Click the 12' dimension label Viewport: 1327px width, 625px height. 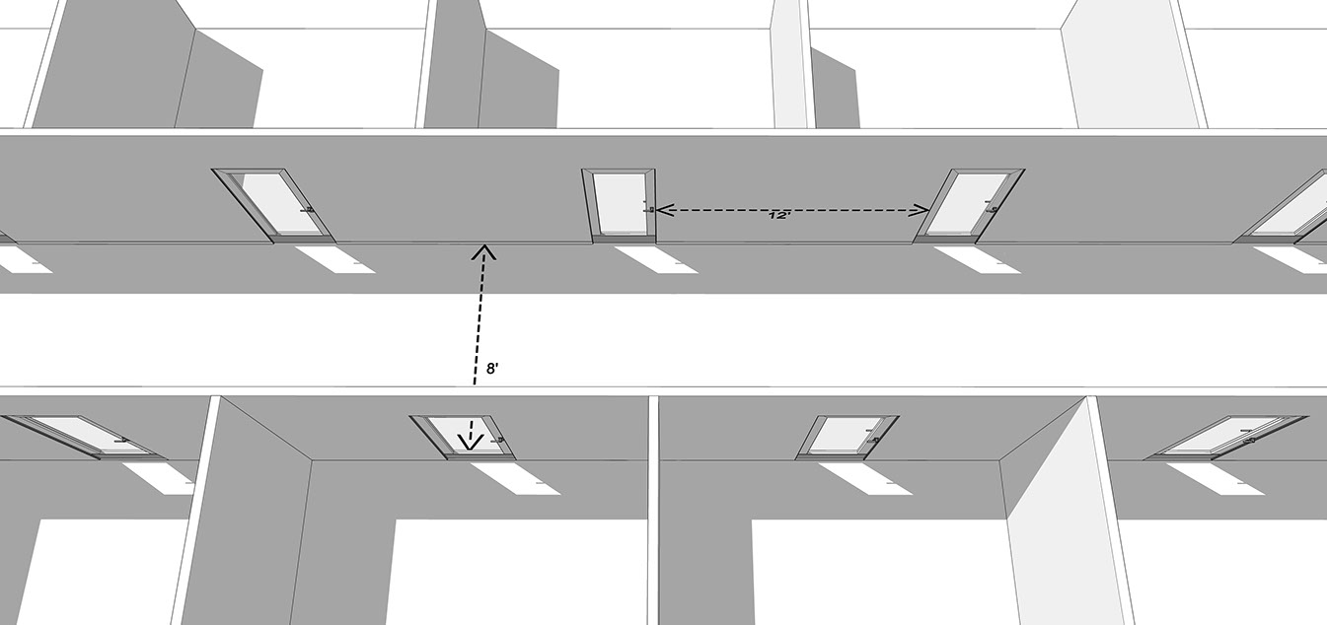click(779, 214)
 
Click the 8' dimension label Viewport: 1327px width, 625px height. click(491, 369)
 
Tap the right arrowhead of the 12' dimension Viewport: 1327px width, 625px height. click(921, 209)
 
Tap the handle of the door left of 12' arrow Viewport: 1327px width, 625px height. click(648, 208)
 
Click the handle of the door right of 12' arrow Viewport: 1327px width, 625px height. click(993, 207)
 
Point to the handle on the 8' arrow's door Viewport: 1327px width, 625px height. click(498, 441)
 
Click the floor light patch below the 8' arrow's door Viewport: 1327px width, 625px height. click(512, 477)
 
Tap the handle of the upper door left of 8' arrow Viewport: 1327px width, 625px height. click(308, 209)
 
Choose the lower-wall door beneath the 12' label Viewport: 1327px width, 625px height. click(847, 437)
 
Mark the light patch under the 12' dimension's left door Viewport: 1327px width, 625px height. click(654, 259)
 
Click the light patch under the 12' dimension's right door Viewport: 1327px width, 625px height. click(974, 260)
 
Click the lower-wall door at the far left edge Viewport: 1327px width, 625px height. click(79, 435)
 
